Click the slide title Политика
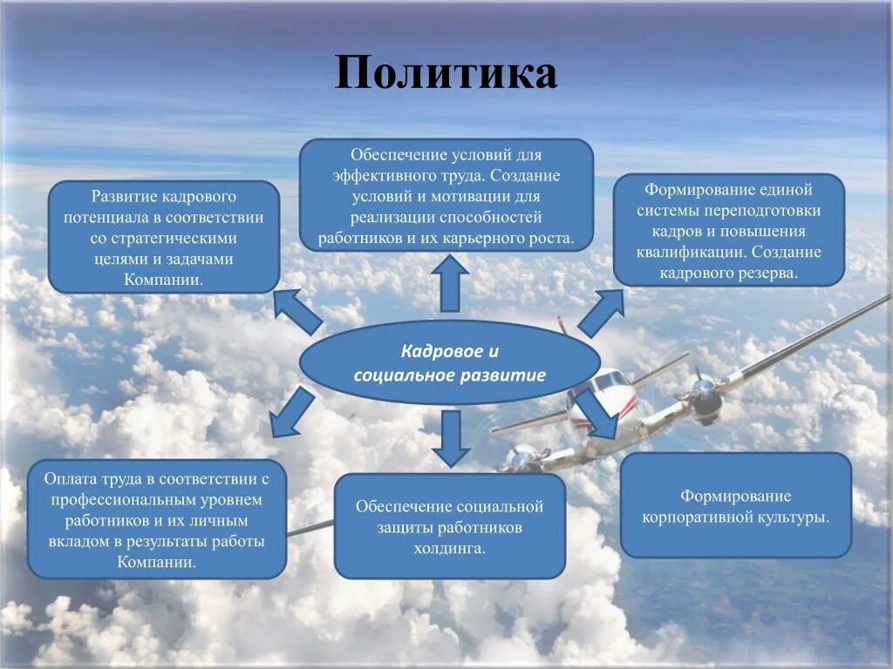click(446, 73)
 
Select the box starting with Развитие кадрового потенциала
click(164, 237)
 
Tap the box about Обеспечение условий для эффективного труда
click(446, 195)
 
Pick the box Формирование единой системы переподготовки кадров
click(729, 230)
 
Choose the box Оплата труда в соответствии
click(157, 519)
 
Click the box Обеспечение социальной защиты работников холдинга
click(450, 526)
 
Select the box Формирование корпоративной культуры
click(735, 506)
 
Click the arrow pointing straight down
click(451, 439)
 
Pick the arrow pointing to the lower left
click(291, 414)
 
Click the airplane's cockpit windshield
click(608, 381)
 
